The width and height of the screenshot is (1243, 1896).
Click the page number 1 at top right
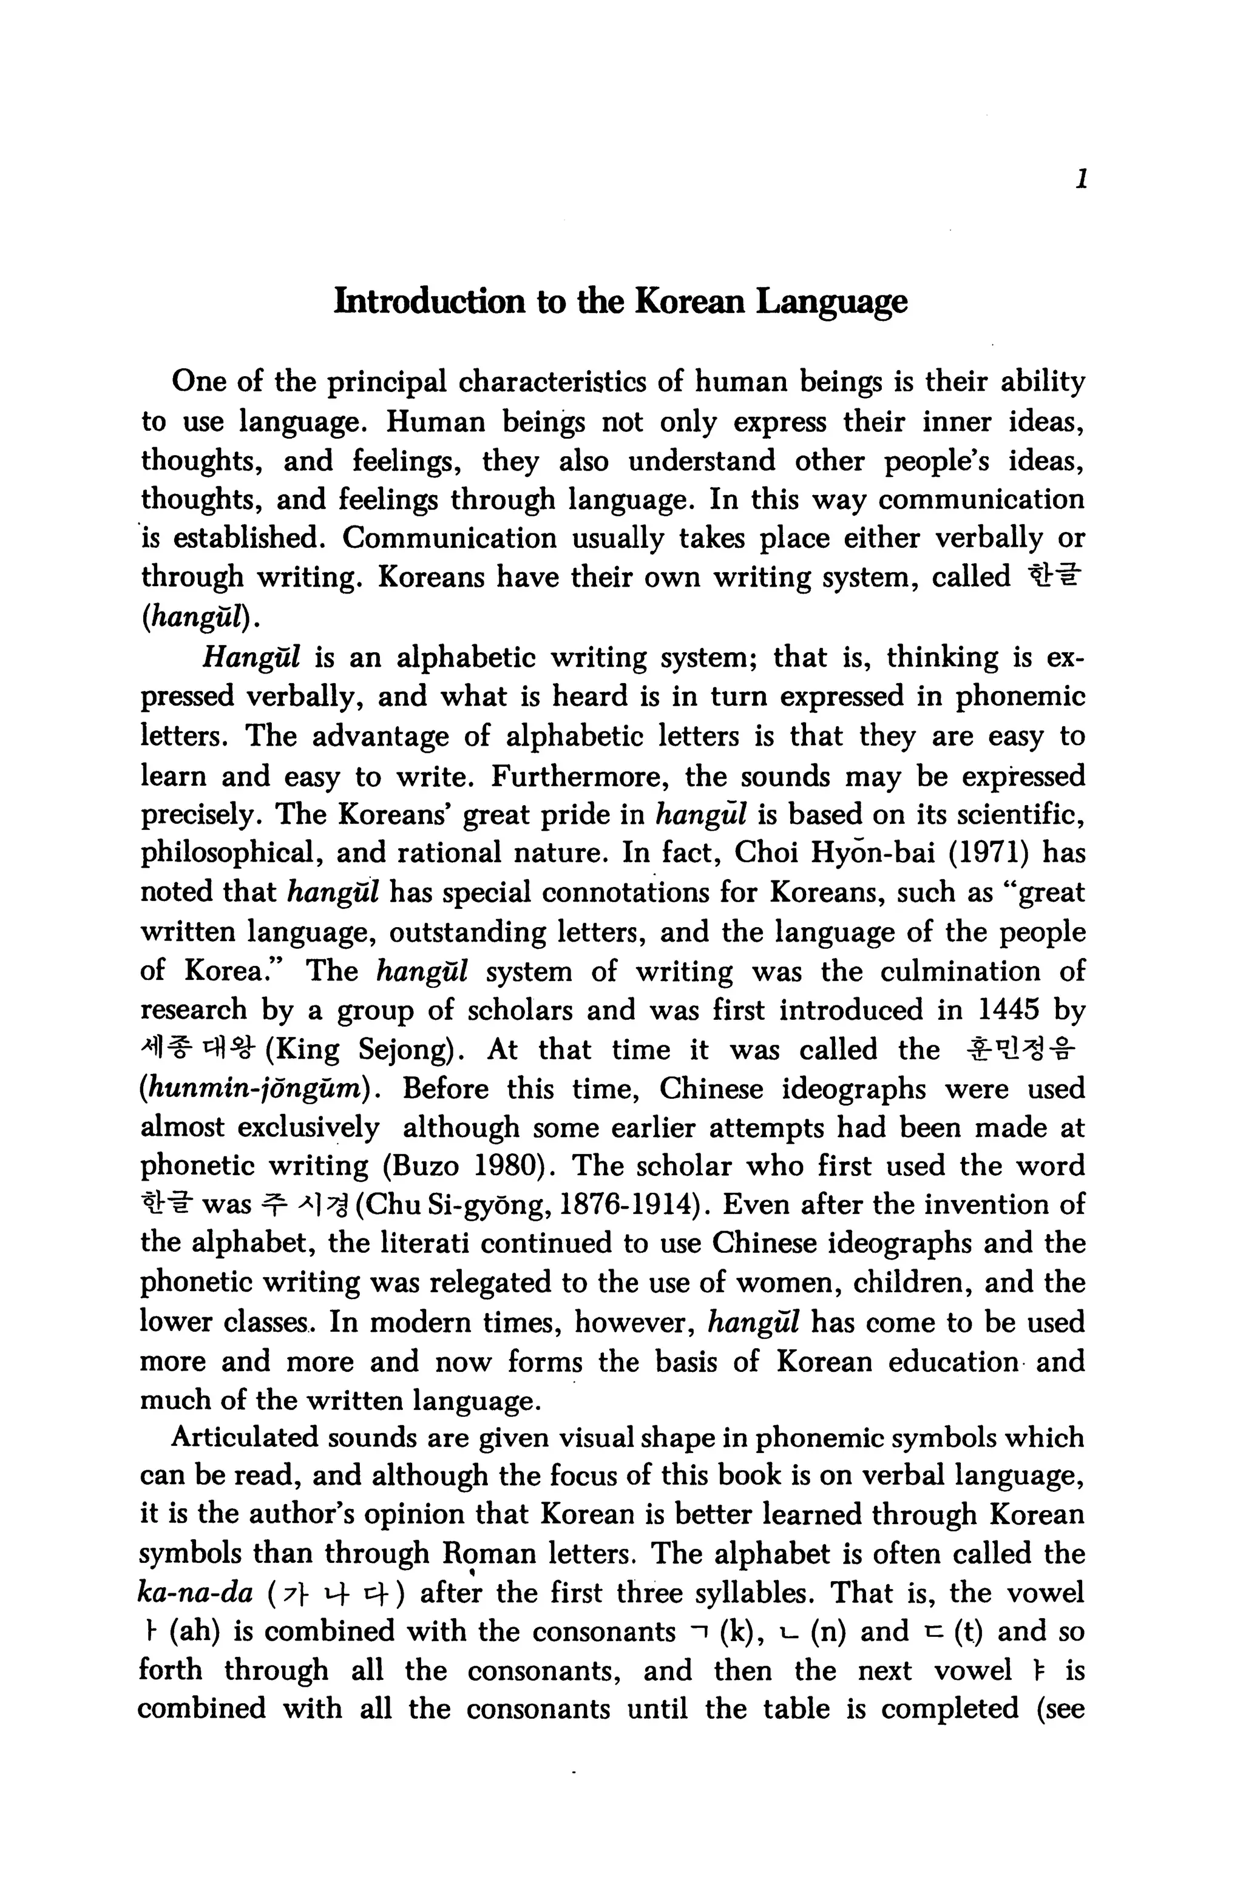pos(1080,180)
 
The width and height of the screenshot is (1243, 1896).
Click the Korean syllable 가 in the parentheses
pos(294,1594)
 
